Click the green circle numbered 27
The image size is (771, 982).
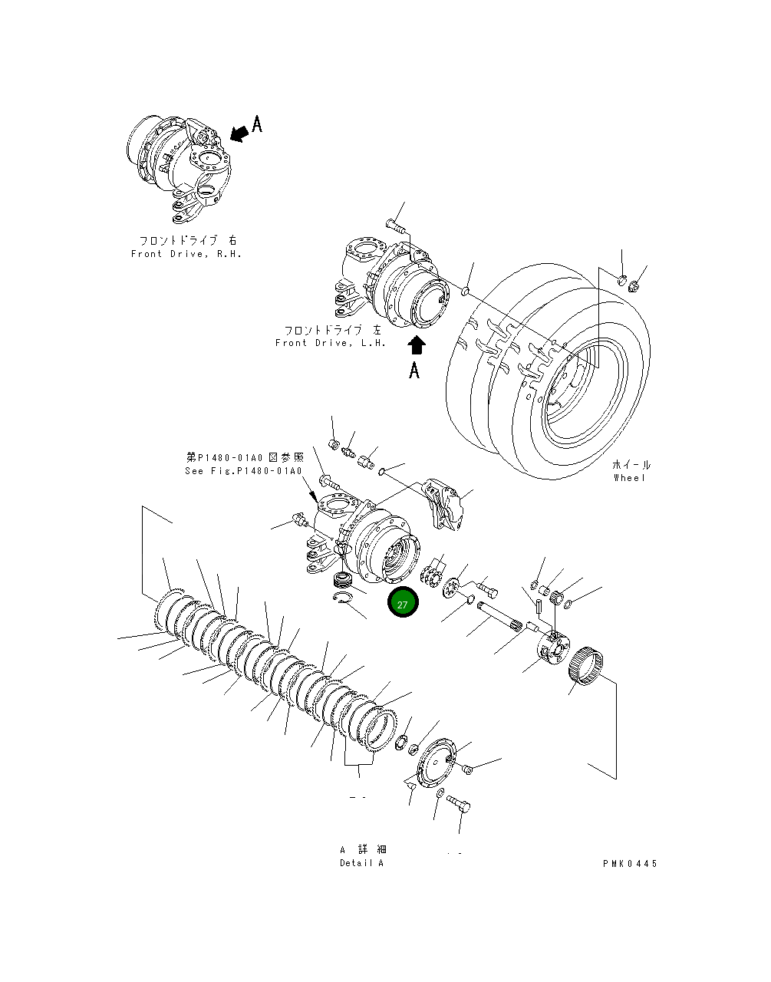pyautogui.click(x=403, y=603)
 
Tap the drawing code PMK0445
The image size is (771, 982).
pyautogui.click(x=630, y=863)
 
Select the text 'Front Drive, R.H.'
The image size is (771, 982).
pyautogui.click(x=186, y=254)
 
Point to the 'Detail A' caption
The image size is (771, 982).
pyautogui.click(x=361, y=863)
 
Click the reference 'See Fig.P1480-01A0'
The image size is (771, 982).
pyautogui.click(x=243, y=471)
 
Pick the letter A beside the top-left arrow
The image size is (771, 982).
pyautogui.click(x=258, y=124)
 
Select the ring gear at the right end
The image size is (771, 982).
pyautogui.click(x=588, y=664)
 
